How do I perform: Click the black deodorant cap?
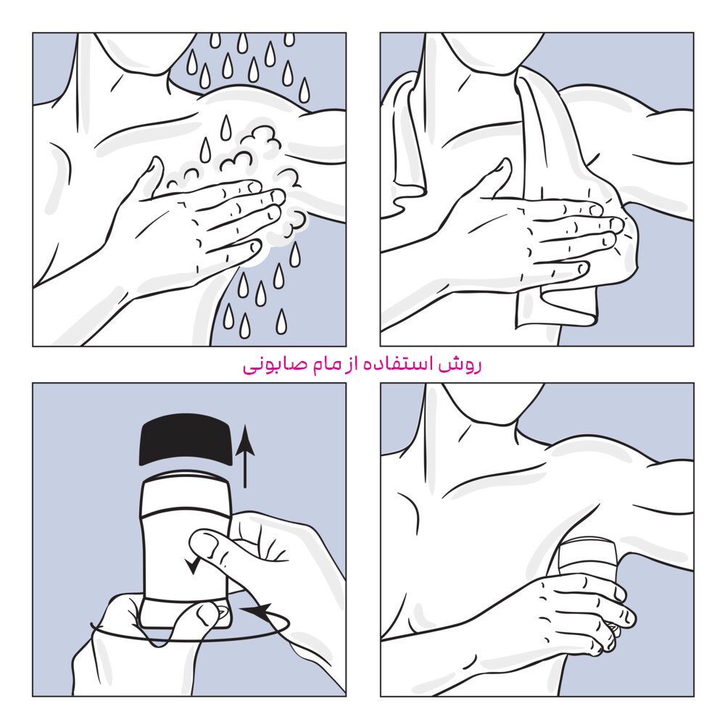186,439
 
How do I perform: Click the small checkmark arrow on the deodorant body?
192,565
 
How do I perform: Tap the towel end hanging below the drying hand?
555,307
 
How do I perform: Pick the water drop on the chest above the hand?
225,128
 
